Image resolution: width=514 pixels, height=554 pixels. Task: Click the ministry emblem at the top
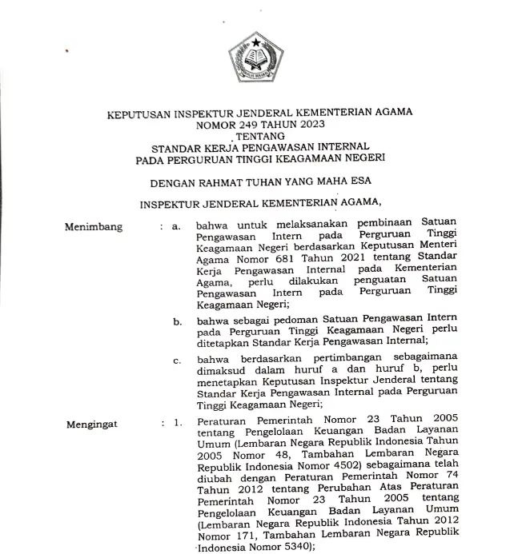[x=257, y=60]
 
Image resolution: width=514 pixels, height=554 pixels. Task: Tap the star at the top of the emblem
[x=257, y=41]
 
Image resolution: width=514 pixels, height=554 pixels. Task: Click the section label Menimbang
[x=94, y=227]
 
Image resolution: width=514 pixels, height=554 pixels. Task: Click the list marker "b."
[x=178, y=321]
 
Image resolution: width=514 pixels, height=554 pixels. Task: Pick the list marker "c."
[x=178, y=360]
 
